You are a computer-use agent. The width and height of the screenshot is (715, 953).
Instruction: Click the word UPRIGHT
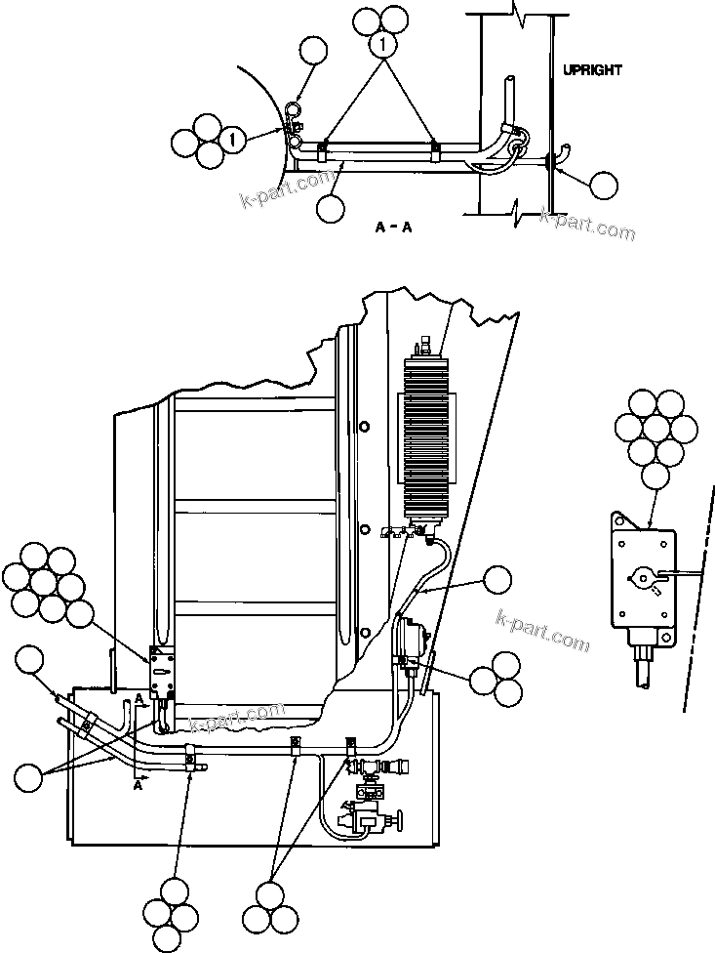tap(592, 70)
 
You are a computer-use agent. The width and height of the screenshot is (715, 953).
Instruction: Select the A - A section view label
tap(395, 227)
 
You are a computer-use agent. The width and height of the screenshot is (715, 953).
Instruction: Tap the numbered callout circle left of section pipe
tap(231, 141)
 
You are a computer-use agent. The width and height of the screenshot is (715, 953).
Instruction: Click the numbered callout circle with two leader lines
tap(383, 45)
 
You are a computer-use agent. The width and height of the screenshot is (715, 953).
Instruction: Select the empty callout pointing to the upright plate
tap(604, 185)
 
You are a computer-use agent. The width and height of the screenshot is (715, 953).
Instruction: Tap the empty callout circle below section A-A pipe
tap(331, 206)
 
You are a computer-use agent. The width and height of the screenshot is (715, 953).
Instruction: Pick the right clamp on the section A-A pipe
tap(436, 149)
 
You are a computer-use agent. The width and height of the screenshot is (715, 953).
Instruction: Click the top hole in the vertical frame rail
tap(363, 427)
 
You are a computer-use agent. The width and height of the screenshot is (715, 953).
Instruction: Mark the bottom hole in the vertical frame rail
tap(363, 631)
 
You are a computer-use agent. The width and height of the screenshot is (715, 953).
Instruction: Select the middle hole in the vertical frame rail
tap(363, 529)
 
